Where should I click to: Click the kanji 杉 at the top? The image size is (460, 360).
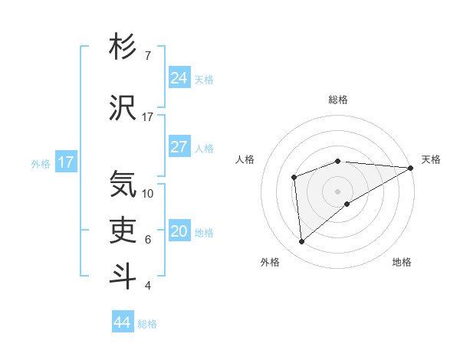(x=123, y=47)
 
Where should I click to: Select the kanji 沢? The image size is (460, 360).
(x=123, y=107)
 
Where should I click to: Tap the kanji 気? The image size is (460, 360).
(x=123, y=185)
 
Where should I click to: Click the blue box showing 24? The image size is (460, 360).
(x=179, y=77)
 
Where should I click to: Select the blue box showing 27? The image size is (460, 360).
(x=179, y=147)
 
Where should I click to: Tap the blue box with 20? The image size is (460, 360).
(x=179, y=231)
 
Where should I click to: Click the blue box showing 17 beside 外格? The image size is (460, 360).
(x=65, y=162)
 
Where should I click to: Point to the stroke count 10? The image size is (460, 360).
(x=148, y=193)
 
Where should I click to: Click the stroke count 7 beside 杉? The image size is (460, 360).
(x=148, y=56)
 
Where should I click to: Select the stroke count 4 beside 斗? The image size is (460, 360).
(x=148, y=286)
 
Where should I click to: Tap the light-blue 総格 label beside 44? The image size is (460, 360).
(x=147, y=324)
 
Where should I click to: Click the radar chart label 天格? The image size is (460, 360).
(x=431, y=159)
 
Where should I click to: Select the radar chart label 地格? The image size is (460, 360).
(x=402, y=262)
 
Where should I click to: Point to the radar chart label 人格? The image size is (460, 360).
(x=245, y=159)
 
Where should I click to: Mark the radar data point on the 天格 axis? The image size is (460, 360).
(x=411, y=168)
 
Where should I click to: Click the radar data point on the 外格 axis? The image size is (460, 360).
(x=301, y=241)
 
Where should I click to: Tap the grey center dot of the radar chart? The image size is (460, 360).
(x=337, y=191)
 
